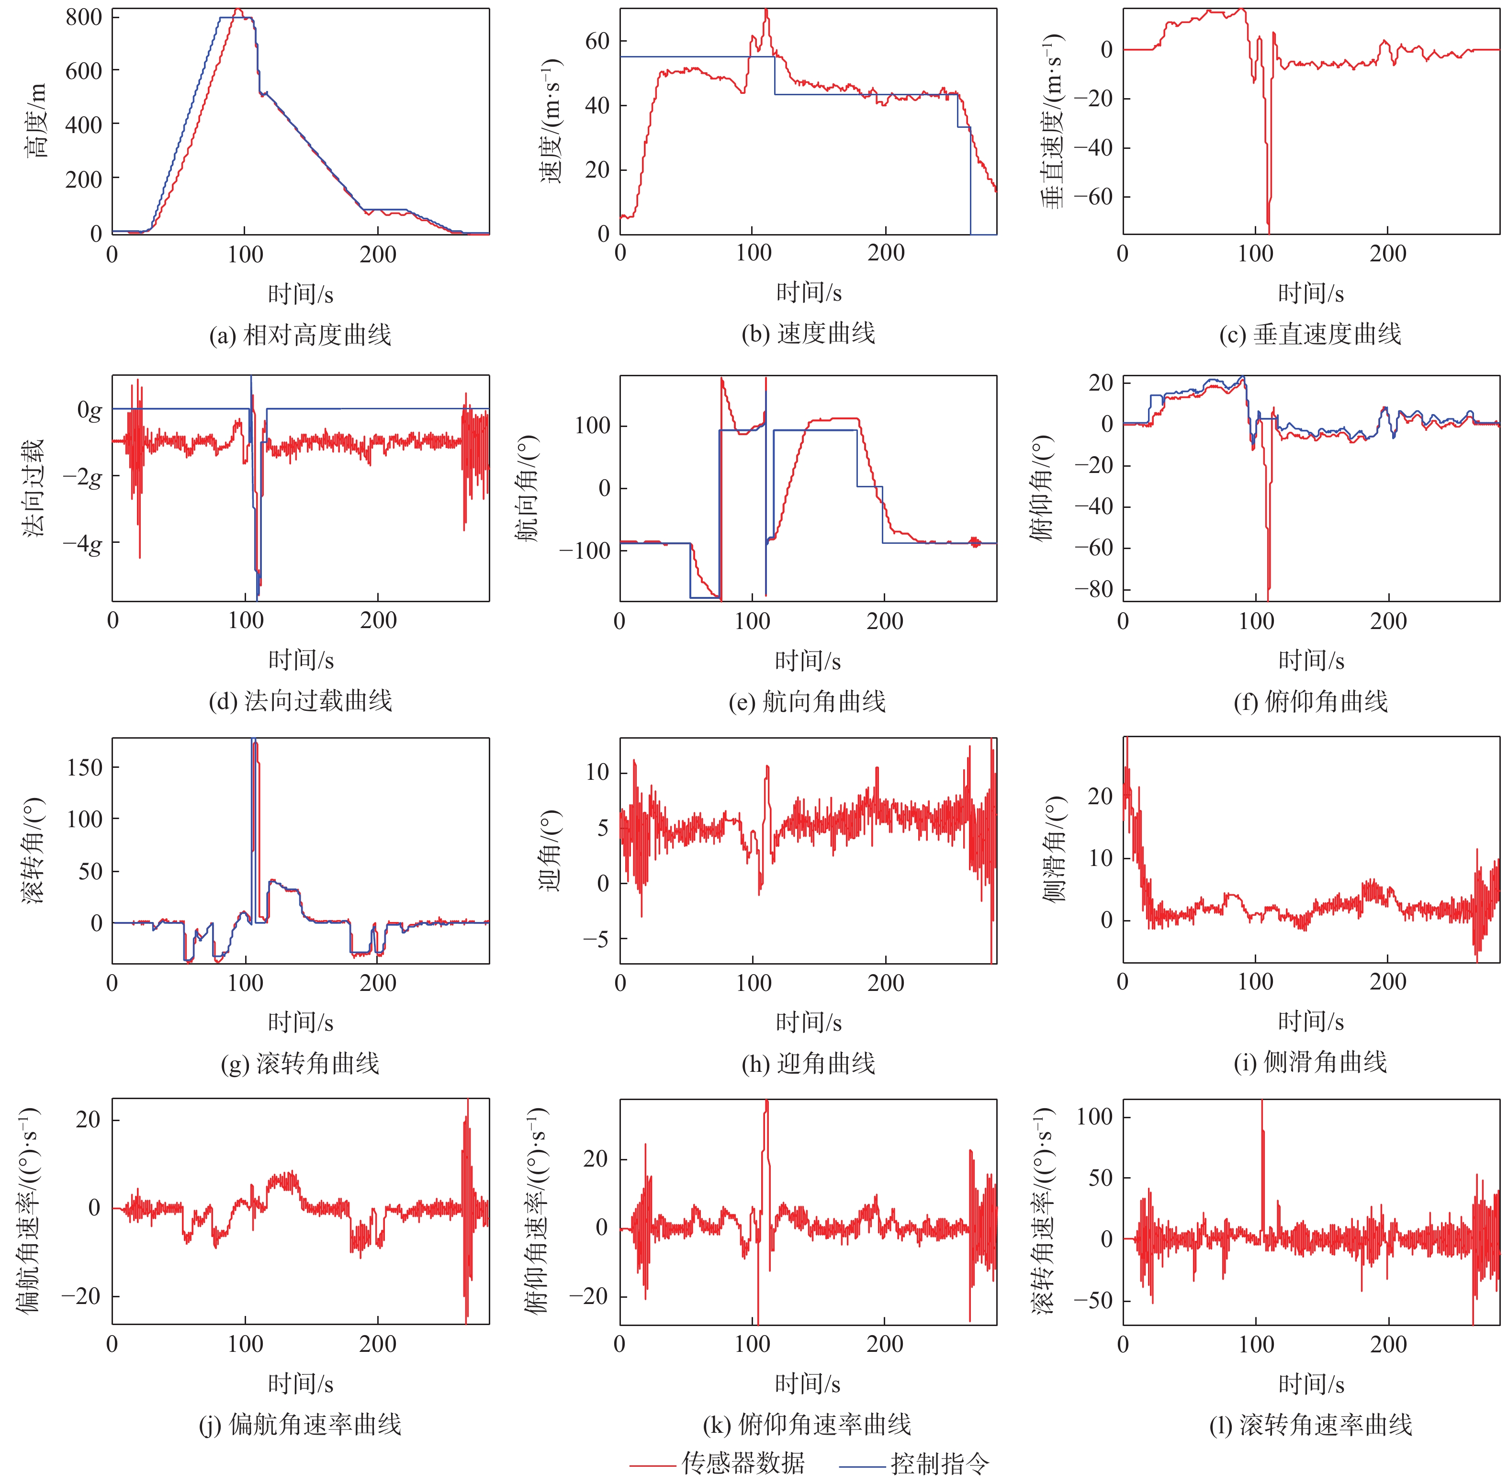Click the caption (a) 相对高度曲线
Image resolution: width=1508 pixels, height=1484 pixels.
click(x=300, y=335)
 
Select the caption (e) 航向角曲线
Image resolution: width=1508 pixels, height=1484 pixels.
click(x=808, y=701)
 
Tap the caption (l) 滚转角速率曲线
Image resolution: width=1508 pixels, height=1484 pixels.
click(x=1310, y=1425)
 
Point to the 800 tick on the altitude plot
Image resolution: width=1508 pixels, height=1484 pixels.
click(x=83, y=17)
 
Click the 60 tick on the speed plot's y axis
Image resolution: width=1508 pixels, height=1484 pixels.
click(x=597, y=41)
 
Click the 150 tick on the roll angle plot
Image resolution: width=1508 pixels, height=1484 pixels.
click(x=85, y=768)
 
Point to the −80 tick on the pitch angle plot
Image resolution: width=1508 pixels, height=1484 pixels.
click(x=1093, y=589)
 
